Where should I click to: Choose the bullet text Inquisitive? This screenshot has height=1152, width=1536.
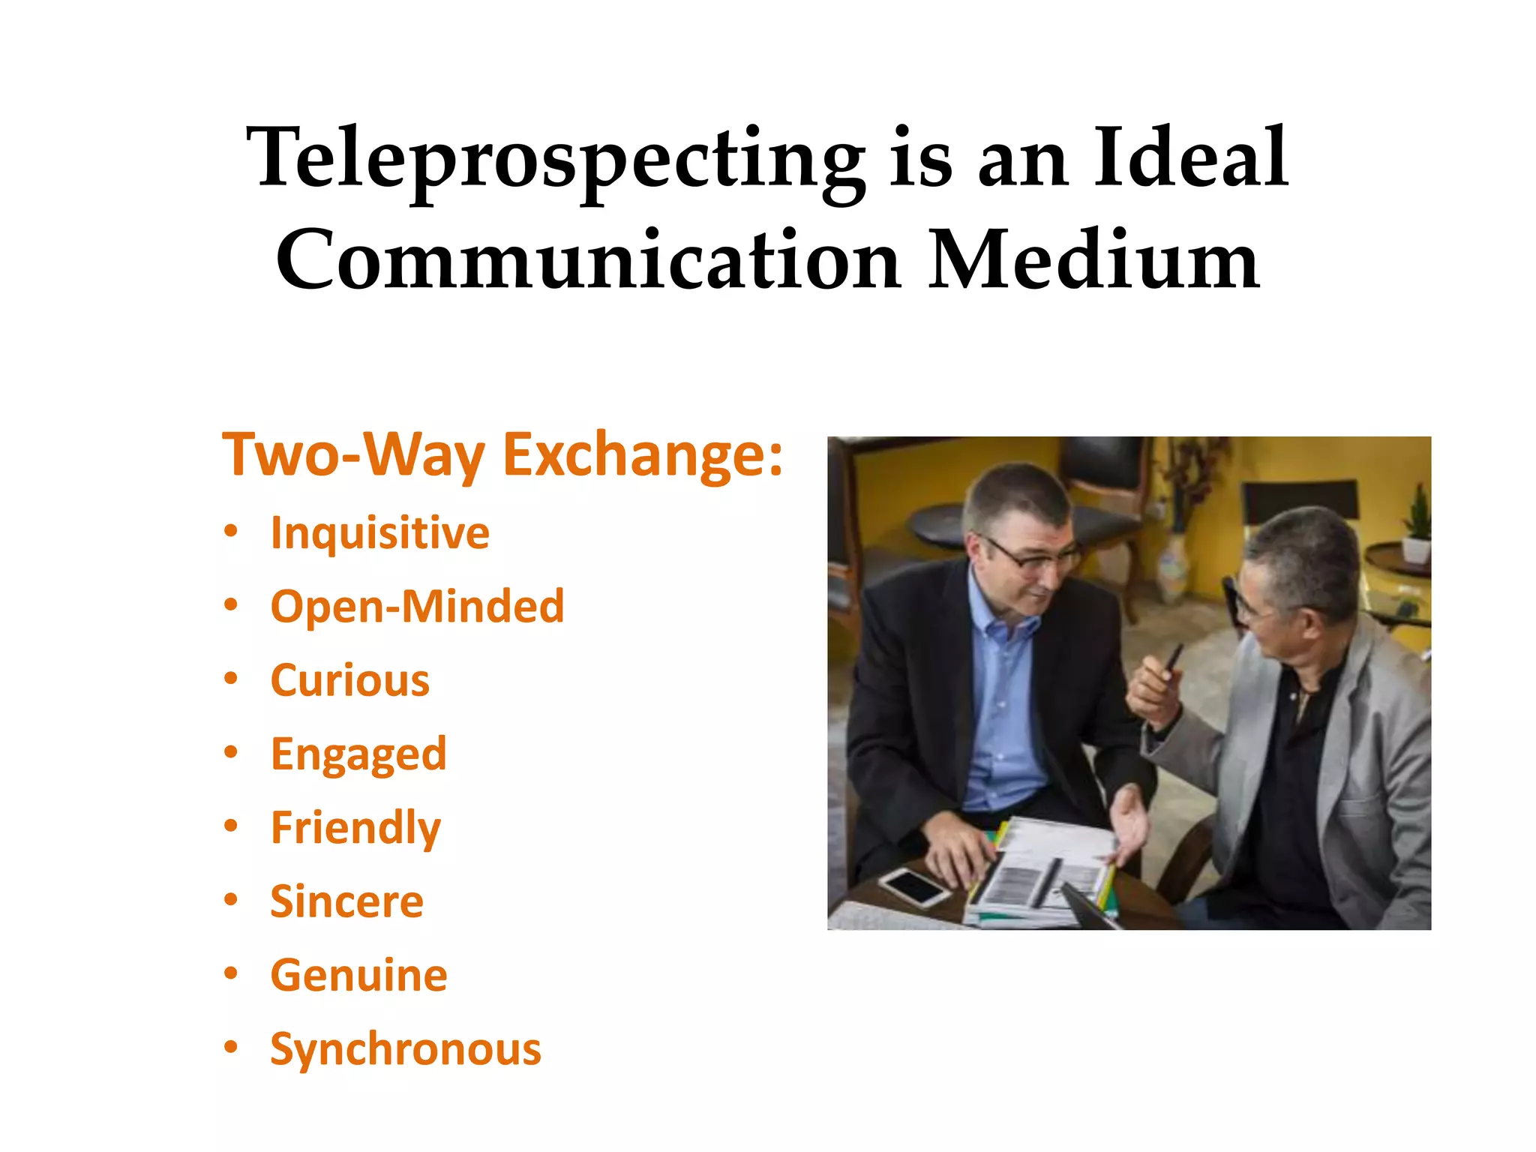pos(379,533)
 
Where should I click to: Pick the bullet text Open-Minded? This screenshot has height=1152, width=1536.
pos(417,606)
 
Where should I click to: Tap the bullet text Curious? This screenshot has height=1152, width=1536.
pos(349,680)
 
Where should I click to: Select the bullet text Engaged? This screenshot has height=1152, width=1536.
pos(358,754)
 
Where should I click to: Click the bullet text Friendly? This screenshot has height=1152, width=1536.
pos(355,828)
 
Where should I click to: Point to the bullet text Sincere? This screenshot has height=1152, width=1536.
pos(346,901)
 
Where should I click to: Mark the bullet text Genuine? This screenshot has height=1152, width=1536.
pos(358,975)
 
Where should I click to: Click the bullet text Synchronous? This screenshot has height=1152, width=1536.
pos(405,1048)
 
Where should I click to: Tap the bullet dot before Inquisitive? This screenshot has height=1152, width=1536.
pos(231,532)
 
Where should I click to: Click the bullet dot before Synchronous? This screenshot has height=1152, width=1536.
pos(231,1047)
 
